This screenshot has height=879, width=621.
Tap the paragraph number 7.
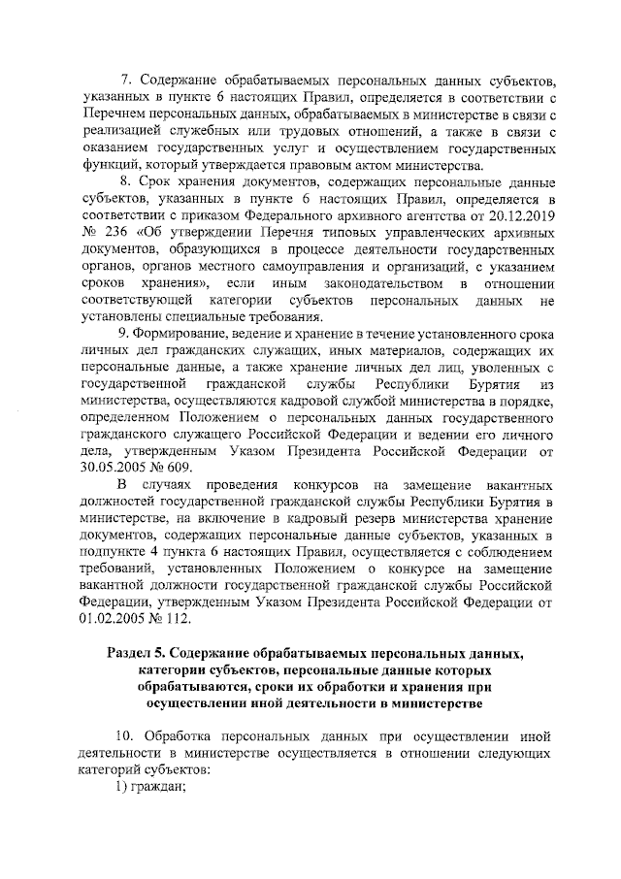[123, 79]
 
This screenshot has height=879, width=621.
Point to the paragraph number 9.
[123, 333]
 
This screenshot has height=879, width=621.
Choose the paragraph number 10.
[125, 733]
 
